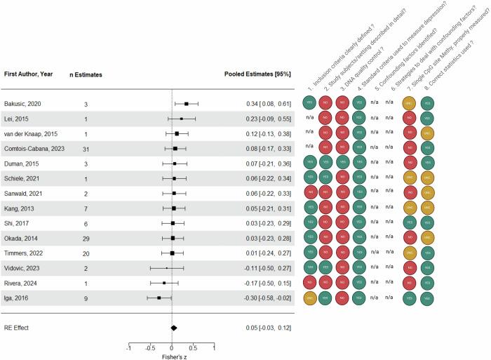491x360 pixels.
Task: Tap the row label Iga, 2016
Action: coord(19,298)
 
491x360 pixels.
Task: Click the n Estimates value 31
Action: coord(86,149)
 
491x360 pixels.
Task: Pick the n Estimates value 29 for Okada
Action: coord(86,238)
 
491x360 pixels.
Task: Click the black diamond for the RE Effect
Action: coord(174,327)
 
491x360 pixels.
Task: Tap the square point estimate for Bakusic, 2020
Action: coord(187,104)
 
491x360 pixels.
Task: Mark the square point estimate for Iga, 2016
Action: coord(159,298)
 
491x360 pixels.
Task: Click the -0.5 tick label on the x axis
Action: coord(150,347)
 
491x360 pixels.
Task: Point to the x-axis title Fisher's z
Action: coord(172,356)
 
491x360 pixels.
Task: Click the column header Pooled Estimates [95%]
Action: coord(257,74)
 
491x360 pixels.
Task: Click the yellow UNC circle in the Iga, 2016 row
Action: coord(309,298)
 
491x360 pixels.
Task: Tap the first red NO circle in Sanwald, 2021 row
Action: coord(309,193)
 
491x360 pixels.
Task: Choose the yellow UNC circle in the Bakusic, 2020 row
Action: coord(409,104)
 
